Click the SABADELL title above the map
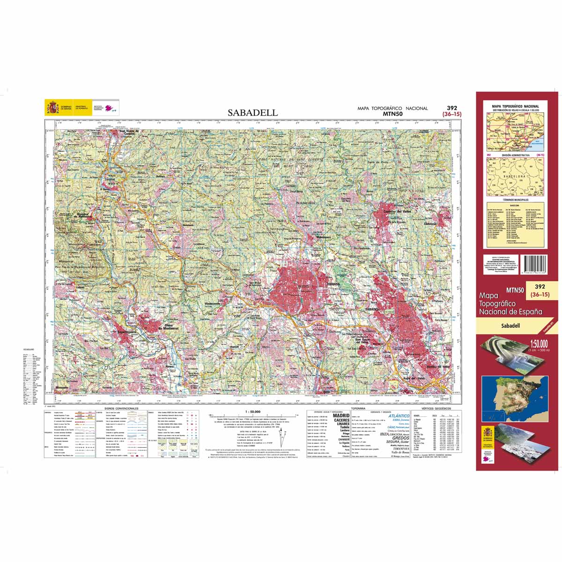coord(253,113)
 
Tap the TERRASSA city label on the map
coord(333,284)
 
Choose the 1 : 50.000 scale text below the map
coord(252,411)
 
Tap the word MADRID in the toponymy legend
coord(340,415)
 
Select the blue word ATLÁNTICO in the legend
coord(399,415)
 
